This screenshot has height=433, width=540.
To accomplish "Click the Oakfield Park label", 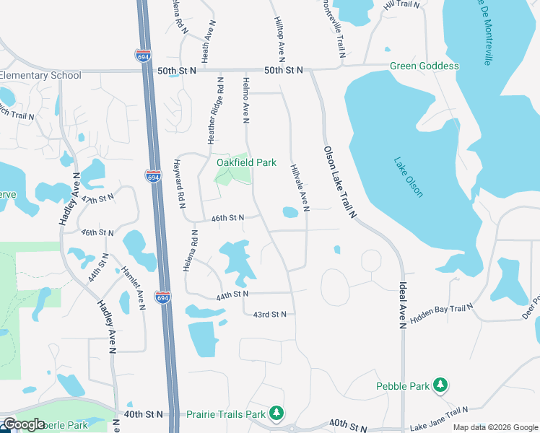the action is [246, 162].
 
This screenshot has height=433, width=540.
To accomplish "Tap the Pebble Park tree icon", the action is [440, 386].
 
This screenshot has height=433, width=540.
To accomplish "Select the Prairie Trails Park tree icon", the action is [276, 414].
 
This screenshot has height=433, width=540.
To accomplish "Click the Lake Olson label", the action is [409, 178].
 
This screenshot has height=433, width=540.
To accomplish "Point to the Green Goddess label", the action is [424, 66].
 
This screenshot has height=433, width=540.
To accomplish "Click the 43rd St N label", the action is [270, 314].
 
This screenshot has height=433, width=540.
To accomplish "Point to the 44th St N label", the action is [232, 294].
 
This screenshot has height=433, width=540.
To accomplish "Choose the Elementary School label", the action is [40, 76].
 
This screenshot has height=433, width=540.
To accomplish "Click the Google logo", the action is [24, 424].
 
